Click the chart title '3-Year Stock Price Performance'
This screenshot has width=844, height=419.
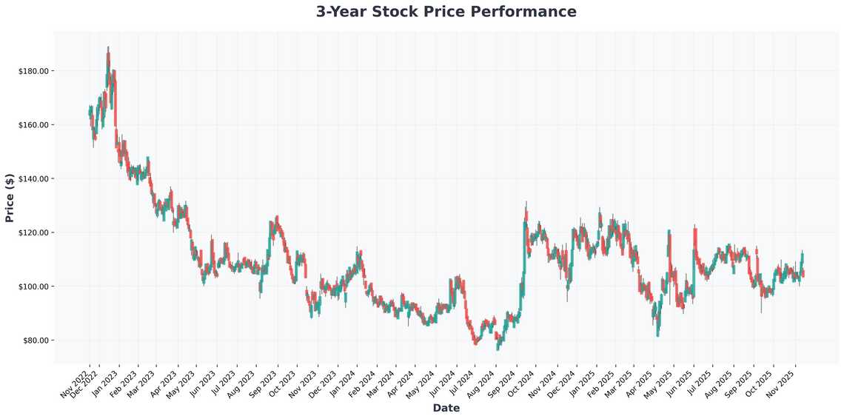click(446, 12)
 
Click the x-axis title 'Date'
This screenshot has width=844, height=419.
click(446, 408)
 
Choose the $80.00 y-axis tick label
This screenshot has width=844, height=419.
click(35, 341)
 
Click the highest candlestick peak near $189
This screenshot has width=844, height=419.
click(108, 48)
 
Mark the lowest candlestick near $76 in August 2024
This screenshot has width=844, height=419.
click(498, 348)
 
